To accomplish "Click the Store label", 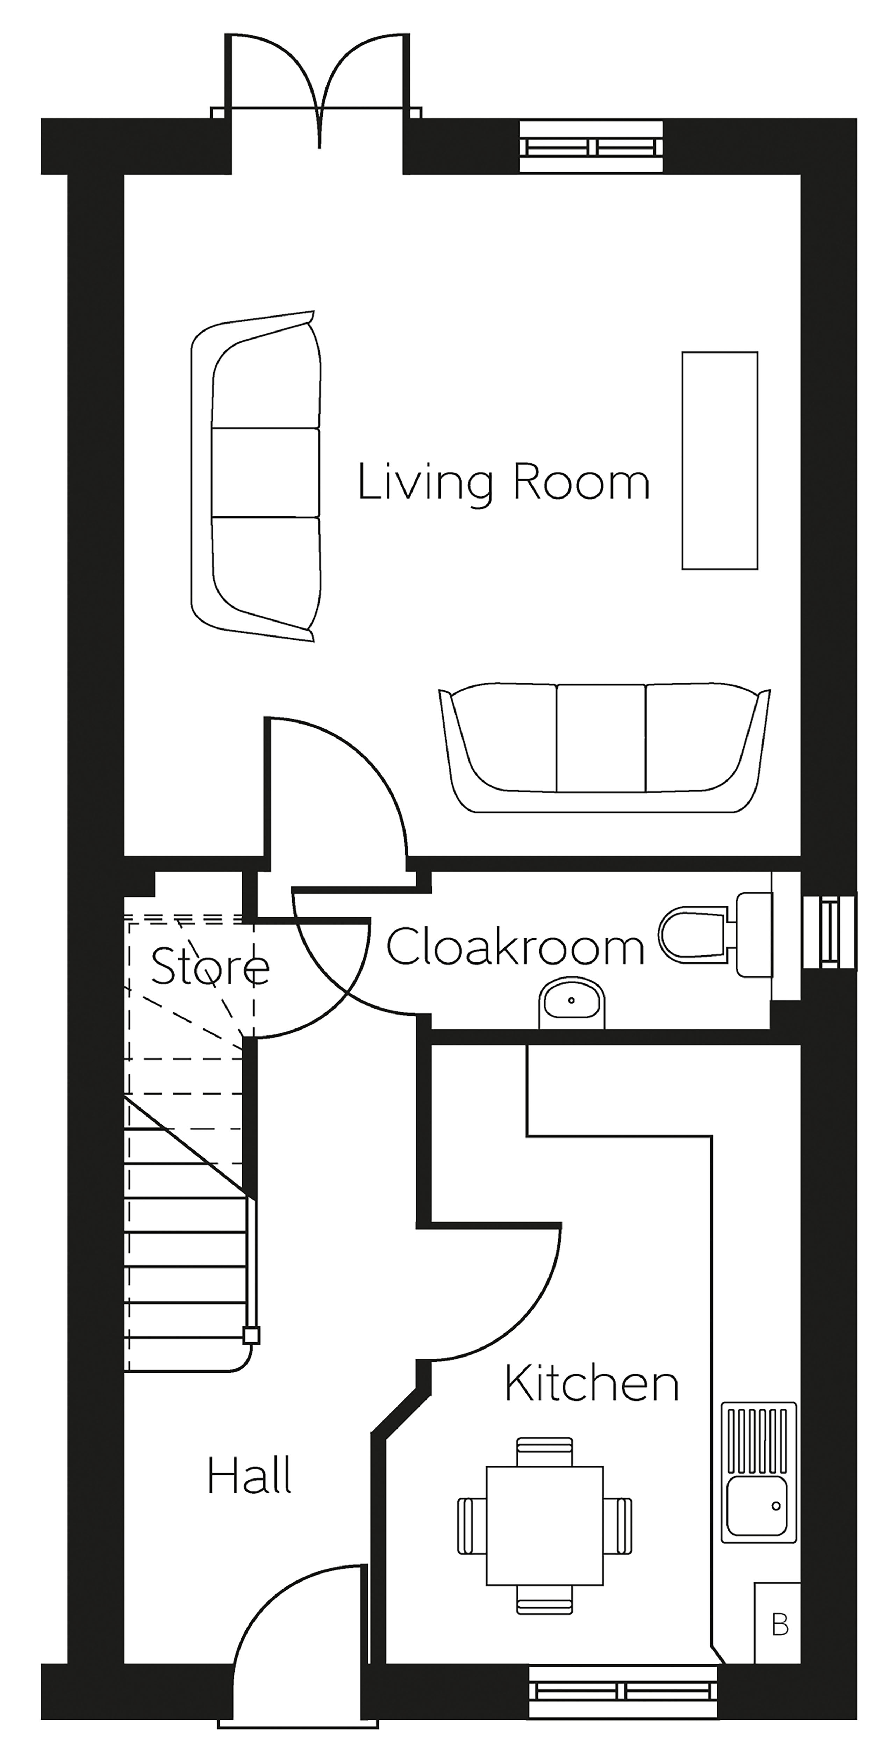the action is tap(210, 966).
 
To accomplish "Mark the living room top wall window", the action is tap(591, 146).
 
